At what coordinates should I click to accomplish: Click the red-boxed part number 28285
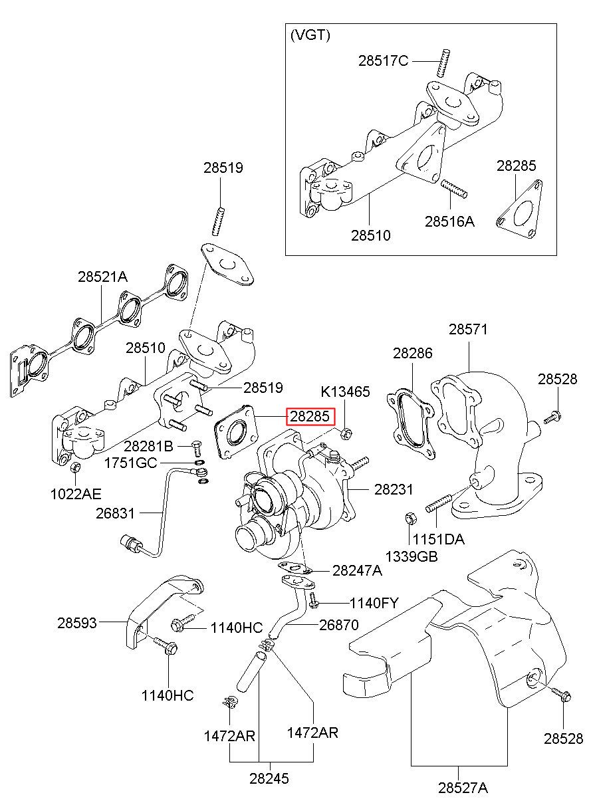point(309,417)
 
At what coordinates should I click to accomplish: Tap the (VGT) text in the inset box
point(310,35)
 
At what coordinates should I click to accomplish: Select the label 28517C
point(383,61)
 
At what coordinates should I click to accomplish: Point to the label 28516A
point(449,222)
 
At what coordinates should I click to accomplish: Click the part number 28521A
point(103,277)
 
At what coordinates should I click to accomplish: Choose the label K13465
point(345,392)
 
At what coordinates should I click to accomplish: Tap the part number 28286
point(413,353)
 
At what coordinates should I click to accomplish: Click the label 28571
point(468,329)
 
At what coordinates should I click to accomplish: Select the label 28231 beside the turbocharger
point(394,489)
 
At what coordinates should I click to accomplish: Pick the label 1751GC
point(131,463)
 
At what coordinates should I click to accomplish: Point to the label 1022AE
point(76,494)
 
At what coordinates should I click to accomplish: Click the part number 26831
point(116,514)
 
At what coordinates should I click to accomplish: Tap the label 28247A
point(357,570)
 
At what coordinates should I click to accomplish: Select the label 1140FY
point(374,604)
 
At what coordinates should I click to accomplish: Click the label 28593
point(77,623)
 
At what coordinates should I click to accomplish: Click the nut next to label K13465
point(346,434)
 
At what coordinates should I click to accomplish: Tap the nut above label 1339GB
point(410,518)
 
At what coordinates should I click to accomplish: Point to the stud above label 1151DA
point(438,503)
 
